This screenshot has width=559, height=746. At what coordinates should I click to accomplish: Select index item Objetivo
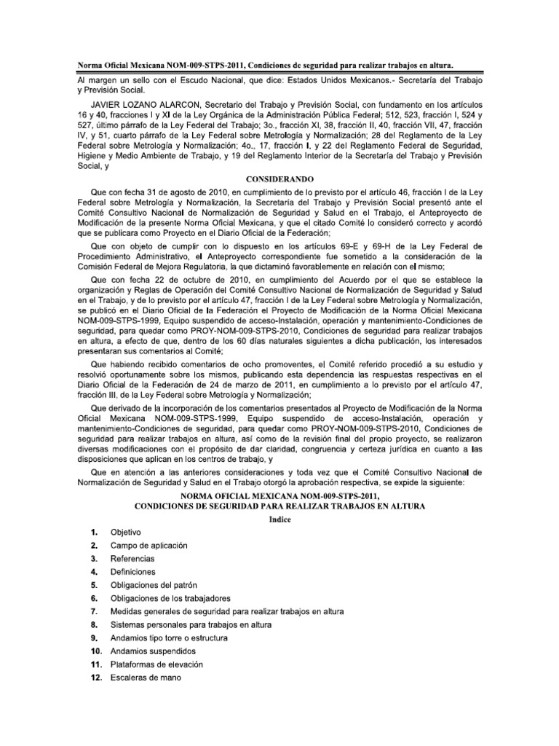(x=126, y=532)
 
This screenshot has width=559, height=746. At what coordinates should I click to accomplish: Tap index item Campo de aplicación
(x=148, y=545)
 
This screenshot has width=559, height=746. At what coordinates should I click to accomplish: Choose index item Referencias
(x=132, y=558)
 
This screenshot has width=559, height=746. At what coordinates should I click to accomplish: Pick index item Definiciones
(x=133, y=572)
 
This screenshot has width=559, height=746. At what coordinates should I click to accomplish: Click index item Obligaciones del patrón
(x=154, y=585)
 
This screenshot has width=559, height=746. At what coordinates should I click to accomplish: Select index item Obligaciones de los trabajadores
(x=169, y=598)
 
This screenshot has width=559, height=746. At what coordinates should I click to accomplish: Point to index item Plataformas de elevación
(x=156, y=664)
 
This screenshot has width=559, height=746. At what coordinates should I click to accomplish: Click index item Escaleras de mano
(x=145, y=678)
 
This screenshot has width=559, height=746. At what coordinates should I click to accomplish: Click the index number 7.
(x=94, y=611)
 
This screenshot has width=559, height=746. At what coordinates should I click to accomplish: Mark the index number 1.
(x=94, y=532)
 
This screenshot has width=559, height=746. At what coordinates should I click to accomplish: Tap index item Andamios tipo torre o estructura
(x=169, y=637)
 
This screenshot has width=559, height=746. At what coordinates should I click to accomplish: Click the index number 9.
(x=94, y=637)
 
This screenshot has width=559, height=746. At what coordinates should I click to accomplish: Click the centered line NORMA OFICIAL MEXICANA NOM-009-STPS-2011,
(x=279, y=495)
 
